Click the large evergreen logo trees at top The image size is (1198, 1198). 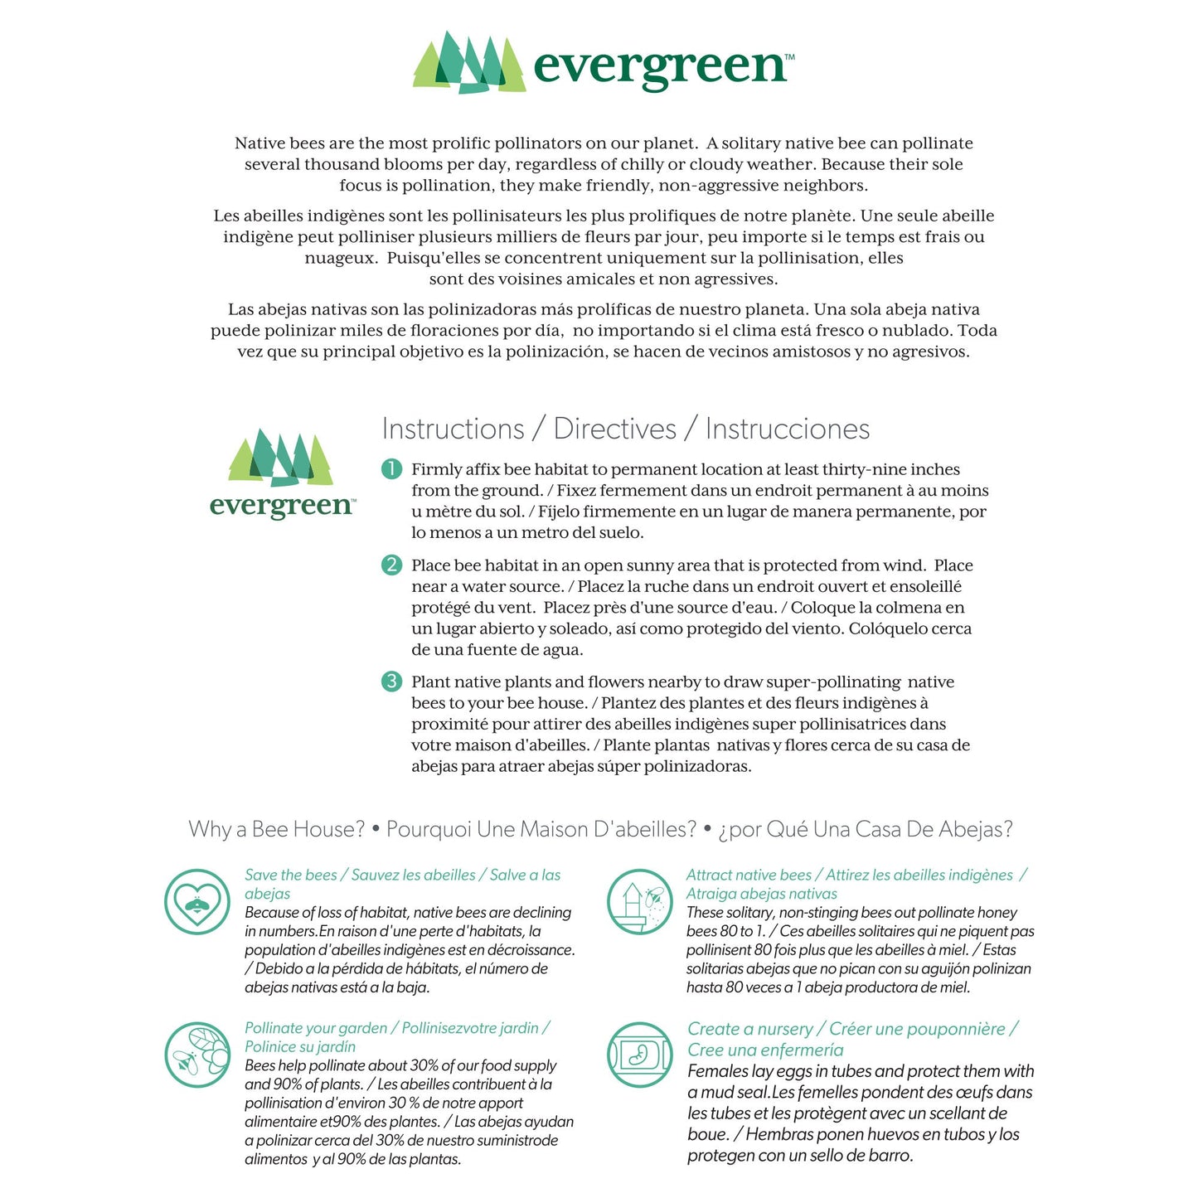469,63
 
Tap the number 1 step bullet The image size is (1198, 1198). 391,469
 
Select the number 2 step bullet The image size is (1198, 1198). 391,565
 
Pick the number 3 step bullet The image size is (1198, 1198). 391,681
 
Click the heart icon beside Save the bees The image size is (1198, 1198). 197,901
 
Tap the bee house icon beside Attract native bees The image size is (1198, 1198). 639,901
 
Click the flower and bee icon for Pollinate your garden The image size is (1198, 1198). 197,1055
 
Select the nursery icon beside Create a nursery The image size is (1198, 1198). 639,1055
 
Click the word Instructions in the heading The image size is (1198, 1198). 453,429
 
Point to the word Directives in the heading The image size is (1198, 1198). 614,429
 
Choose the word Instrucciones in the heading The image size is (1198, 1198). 788,429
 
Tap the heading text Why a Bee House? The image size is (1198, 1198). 276,829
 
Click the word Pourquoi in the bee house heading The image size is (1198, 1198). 429,829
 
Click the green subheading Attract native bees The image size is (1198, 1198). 749,875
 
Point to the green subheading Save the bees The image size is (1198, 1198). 291,875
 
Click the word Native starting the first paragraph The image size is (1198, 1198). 259,143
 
